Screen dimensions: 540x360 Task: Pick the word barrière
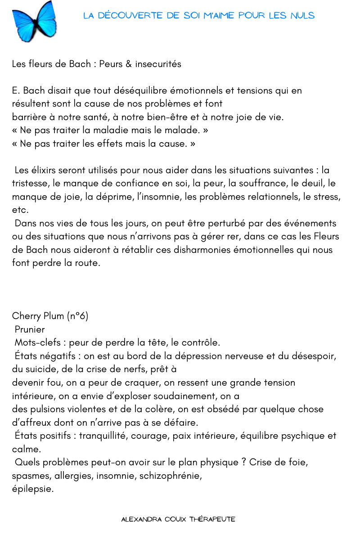tap(29, 117)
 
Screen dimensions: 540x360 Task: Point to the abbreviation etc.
tap(20, 210)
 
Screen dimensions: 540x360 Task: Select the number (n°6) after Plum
tap(77, 316)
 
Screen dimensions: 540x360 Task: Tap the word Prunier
tap(30, 329)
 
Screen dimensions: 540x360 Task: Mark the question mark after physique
tap(243, 462)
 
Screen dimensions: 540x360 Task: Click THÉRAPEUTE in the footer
tap(212, 519)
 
